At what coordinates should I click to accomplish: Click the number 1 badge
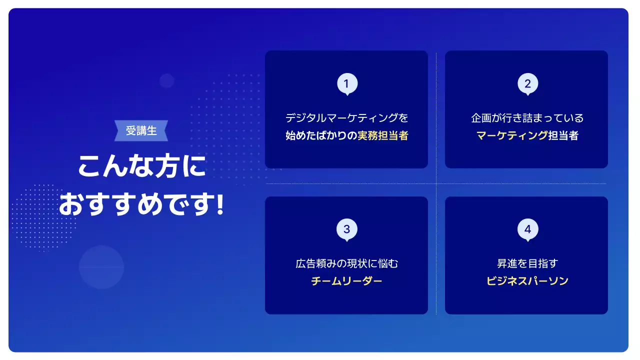click(347, 83)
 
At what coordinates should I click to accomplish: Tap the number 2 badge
click(527, 83)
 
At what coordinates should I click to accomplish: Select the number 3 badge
click(347, 229)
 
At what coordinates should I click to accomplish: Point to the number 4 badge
click(527, 229)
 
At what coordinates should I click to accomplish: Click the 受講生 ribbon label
click(141, 131)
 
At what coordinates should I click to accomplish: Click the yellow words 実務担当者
click(383, 135)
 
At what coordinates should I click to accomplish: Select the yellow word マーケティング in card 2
click(511, 135)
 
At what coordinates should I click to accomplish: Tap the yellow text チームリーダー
click(346, 281)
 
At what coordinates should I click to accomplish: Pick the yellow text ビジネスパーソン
click(527, 281)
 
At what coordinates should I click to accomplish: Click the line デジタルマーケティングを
click(346, 118)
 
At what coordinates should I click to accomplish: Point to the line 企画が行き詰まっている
click(527, 118)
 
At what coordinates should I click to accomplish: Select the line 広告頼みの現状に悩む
click(346, 263)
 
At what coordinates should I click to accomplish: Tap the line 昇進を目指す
click(527, 263)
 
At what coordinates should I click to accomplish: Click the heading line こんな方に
click(141, 166)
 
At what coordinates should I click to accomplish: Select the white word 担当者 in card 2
click(563, 135)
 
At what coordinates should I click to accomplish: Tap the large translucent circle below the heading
click(101, 267)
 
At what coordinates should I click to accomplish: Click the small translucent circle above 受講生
click(167, 81)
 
